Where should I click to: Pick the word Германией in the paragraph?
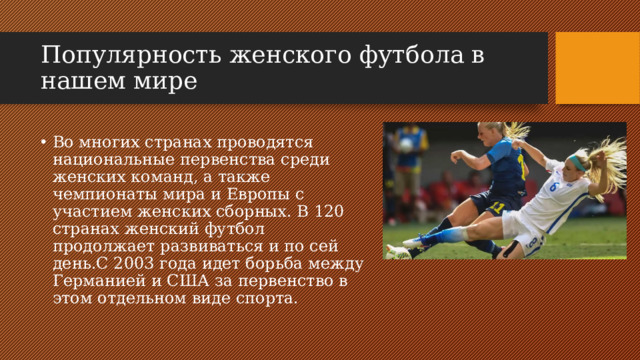tap(95, 280)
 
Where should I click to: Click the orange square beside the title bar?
tap(597, 67)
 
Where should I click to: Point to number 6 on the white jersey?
tap(553, 185)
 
